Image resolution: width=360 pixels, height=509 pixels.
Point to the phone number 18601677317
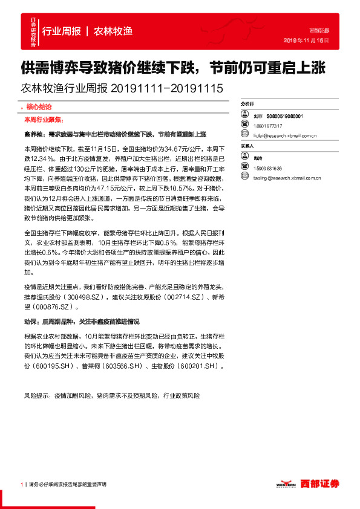tap(269, 126)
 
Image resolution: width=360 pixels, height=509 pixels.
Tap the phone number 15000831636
tap(269, 167)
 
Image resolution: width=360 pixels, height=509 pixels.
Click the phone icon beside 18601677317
tap(244, 126)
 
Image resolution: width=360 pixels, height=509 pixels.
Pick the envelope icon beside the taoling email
tap(244, 178)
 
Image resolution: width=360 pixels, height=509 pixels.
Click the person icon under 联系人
tap(244, 157)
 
